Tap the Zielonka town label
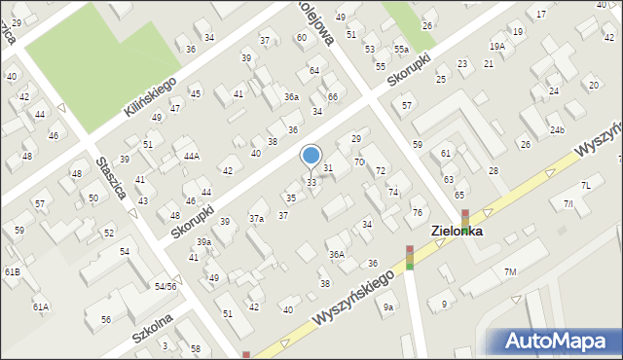point(465,233)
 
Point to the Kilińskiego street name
point(149,97)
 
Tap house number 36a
point(291,97)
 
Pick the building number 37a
point(256,219)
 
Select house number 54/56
point(165,286)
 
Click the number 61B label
point(12,271)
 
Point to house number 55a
point(400,49)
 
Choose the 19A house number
point(497,46)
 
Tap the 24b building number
point(556,130)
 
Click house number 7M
point(510,271)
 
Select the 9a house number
point(388,307)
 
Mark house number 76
point(417,213)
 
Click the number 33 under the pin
point(311,183)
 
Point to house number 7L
point(586,185)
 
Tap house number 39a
point(203,241)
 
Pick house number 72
point(381,171)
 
